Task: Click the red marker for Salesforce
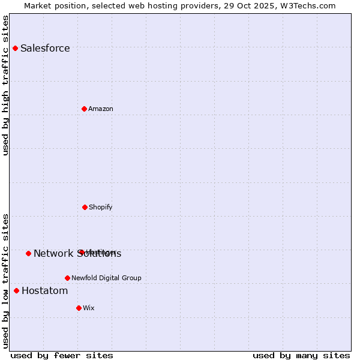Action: (15, 48)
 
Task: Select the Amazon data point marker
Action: (84, 109)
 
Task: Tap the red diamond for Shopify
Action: (85, 207)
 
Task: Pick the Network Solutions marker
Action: (28, 253)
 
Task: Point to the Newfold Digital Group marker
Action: (67, 278)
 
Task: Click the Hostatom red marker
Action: (16, 290)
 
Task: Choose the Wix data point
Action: (79, 308)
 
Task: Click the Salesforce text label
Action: (45, 48)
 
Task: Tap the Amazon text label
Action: (101, 109)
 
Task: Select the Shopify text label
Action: (101, 207)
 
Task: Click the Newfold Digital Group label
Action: (107, 278)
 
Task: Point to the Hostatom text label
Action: (44, 290)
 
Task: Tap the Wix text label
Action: (89, 308)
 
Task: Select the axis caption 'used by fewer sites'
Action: (61, 355)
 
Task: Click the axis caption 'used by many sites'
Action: (301, 355)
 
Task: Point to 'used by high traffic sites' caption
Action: (6, 85)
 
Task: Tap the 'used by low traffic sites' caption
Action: (6, 280)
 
